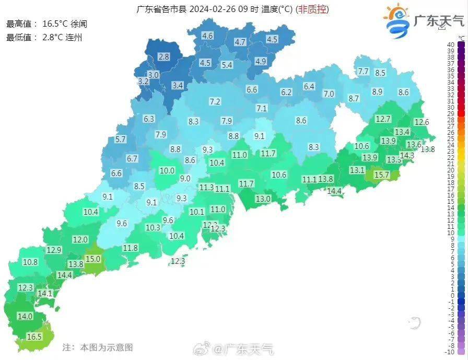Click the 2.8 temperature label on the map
(164, 57)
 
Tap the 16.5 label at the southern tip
(34, 337)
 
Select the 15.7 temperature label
(382, 175)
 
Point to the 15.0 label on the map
(93, 259)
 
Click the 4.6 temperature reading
(207, 36)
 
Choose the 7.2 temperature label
(215, 102)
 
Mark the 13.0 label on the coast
(263, 199)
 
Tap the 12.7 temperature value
(383, 119)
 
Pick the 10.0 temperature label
(167, 170)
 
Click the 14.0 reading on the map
(25, 316)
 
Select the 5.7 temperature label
(121, 139)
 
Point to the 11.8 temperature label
(131, 248)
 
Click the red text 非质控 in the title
(312, 9)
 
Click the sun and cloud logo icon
(398, 20)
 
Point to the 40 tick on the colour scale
(450, 44)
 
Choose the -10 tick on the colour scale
(450, 352)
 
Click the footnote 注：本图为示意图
(98, 347)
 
